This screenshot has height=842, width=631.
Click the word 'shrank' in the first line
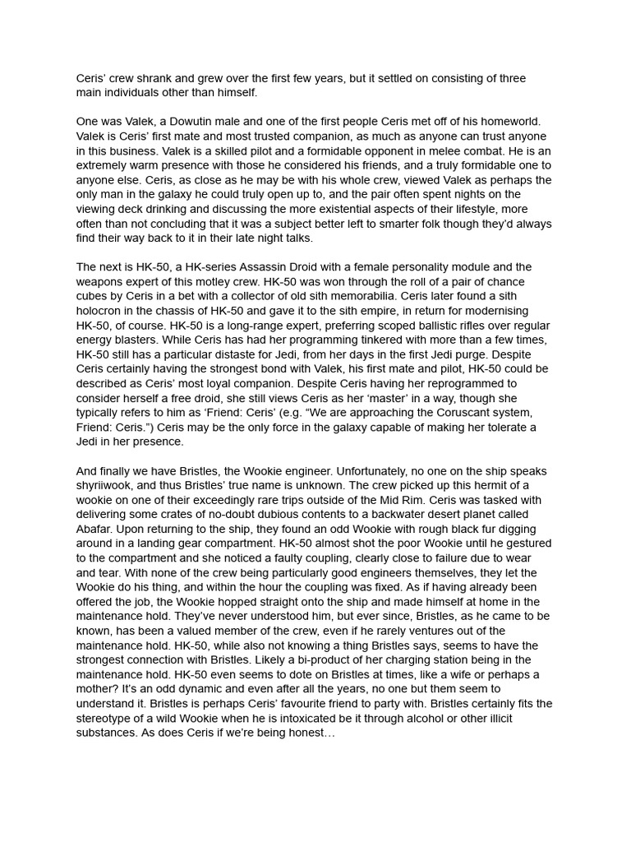click(156, 78)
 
